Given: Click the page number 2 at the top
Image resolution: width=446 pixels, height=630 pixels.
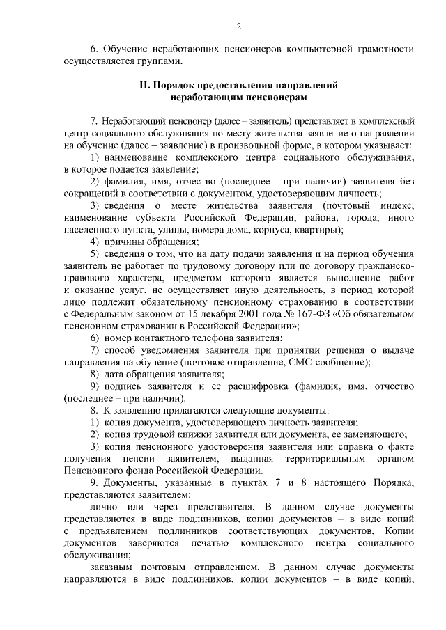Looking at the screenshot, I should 238,26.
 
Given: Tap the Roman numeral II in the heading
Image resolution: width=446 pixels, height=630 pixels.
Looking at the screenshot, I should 144,86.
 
